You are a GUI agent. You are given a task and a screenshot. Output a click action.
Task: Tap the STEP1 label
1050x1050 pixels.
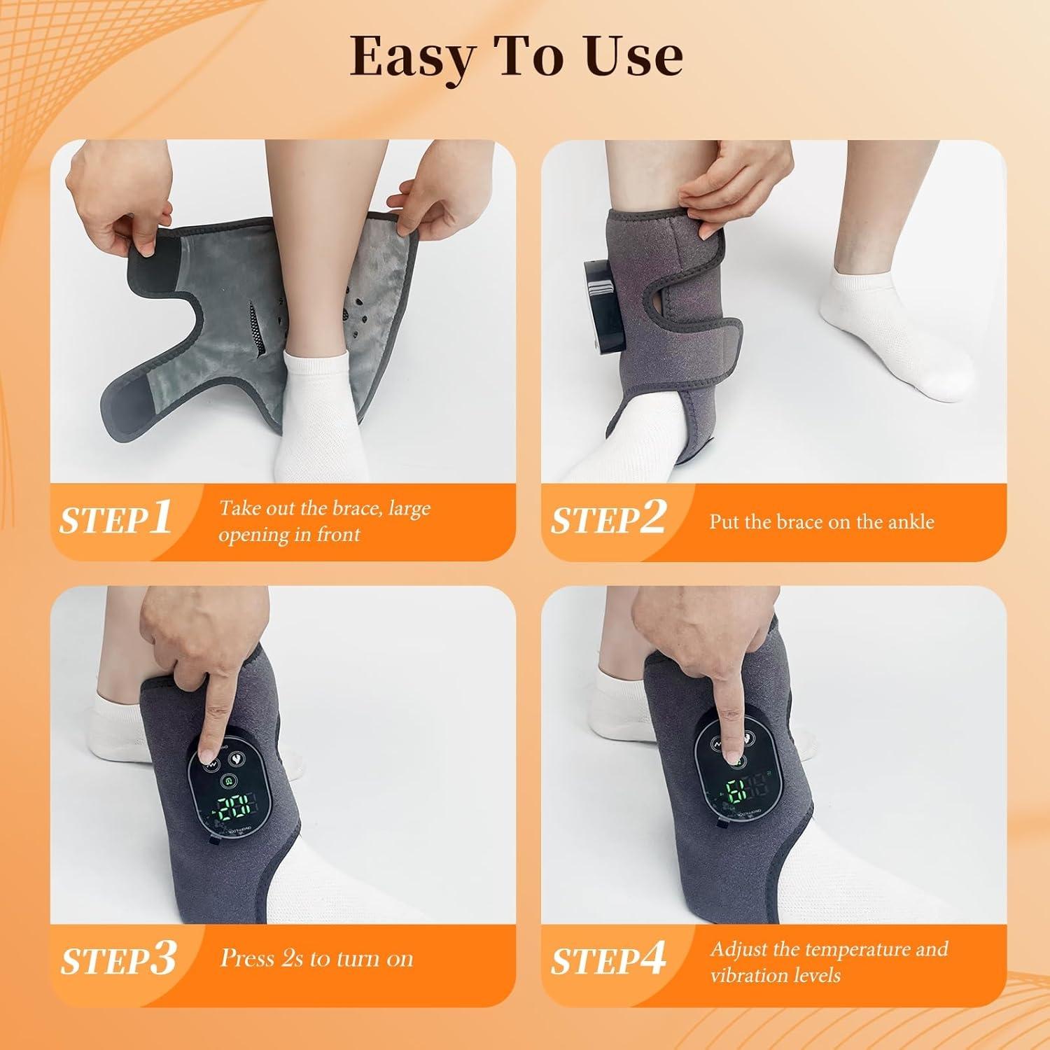115,519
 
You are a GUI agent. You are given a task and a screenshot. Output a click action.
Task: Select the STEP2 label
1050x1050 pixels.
608,519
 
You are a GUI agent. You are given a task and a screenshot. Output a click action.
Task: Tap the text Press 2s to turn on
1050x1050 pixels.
316,958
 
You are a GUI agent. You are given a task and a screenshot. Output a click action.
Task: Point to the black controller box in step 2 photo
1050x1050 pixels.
603,305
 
